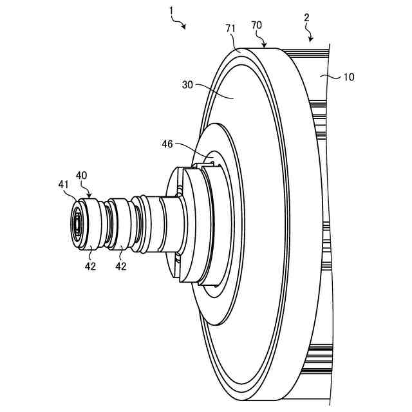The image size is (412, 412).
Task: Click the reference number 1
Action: coord(171,12)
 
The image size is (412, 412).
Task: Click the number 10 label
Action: coord(348,77)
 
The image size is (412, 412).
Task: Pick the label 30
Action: coord(187,84)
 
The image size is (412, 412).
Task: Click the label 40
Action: coord(82,175)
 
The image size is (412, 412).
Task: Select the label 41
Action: coord(64,185)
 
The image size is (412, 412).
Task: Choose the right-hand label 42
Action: coord(120,266)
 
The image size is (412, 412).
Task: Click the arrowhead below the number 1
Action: coord(184,26)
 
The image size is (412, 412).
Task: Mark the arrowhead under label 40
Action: coord(89,194)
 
